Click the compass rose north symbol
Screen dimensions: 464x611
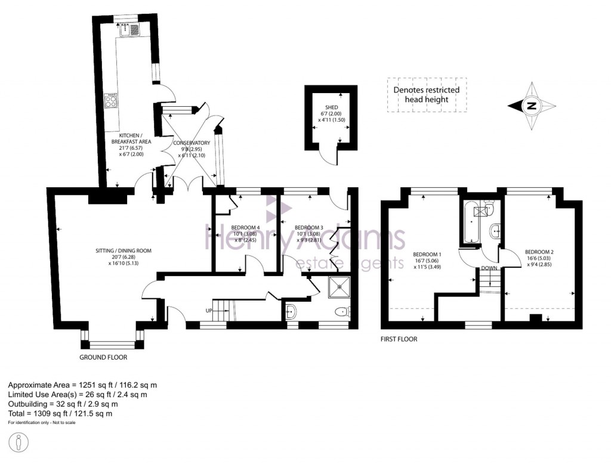(530, 107)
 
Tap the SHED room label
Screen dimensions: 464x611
(331, 107)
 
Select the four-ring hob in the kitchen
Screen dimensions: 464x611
(111, 101)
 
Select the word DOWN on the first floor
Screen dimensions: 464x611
(489, 268)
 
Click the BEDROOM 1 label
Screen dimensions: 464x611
(425, 253)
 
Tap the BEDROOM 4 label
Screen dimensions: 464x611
(245, 227)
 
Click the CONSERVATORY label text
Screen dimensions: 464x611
(192, 143)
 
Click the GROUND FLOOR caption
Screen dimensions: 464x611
(103, 358)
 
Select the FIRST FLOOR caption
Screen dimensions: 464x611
(399, 339)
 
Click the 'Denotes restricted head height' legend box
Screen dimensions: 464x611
(426, 95)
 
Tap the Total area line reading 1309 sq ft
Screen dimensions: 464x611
(60, 413)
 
